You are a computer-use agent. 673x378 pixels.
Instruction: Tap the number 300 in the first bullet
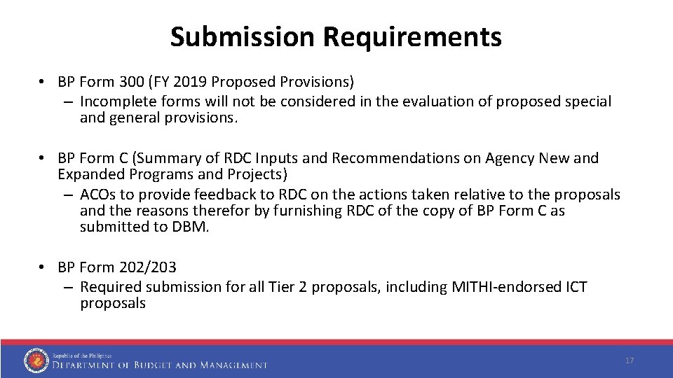click(x=132, y=83)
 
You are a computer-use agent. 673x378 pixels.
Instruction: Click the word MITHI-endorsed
click(x=502, y=287)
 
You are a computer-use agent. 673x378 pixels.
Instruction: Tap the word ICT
click(x=574, y=287)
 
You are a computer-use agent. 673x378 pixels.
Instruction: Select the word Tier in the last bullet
click(x=280, y=287)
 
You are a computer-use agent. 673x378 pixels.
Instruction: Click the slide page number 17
click(x=629, y=360)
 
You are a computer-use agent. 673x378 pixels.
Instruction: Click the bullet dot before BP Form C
click(x=44, y=159)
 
